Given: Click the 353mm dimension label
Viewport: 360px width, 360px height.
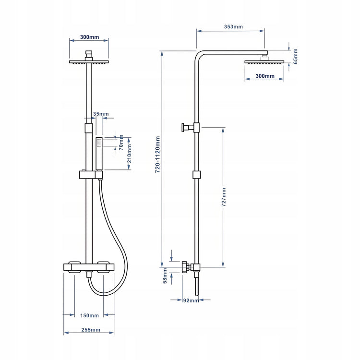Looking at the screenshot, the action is point(233,26).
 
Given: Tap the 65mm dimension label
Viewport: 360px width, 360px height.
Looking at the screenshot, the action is point(295,56).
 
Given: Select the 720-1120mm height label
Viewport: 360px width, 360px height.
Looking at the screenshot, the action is point(157,155).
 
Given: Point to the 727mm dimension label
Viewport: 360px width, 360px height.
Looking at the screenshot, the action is point(224,197).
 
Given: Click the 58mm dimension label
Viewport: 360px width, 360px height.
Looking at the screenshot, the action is point(165,276).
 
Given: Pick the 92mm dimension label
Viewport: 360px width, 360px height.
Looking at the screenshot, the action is point(191,300).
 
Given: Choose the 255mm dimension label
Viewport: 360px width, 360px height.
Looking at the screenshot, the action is point(91,330).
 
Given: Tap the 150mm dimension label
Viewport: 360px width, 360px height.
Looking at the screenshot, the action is point(89,315).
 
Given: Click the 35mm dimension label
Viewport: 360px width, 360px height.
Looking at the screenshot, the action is point(101,114).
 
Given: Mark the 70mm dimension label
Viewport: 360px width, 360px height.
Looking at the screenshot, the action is point(121,143).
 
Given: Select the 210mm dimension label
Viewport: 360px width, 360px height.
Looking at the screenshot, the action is point(129,154).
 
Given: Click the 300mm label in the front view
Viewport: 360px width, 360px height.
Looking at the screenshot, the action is point(90,37).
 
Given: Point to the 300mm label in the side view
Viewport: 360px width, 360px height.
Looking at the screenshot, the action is point(265,76).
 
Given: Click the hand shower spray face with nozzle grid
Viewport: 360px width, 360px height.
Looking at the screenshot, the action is point(99,143).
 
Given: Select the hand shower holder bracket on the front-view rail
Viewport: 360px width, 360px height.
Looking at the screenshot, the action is point(91,175).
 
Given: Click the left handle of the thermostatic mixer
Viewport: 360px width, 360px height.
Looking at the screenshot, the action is point(74,267).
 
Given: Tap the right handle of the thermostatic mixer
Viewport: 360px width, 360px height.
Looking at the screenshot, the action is point(103,267).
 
